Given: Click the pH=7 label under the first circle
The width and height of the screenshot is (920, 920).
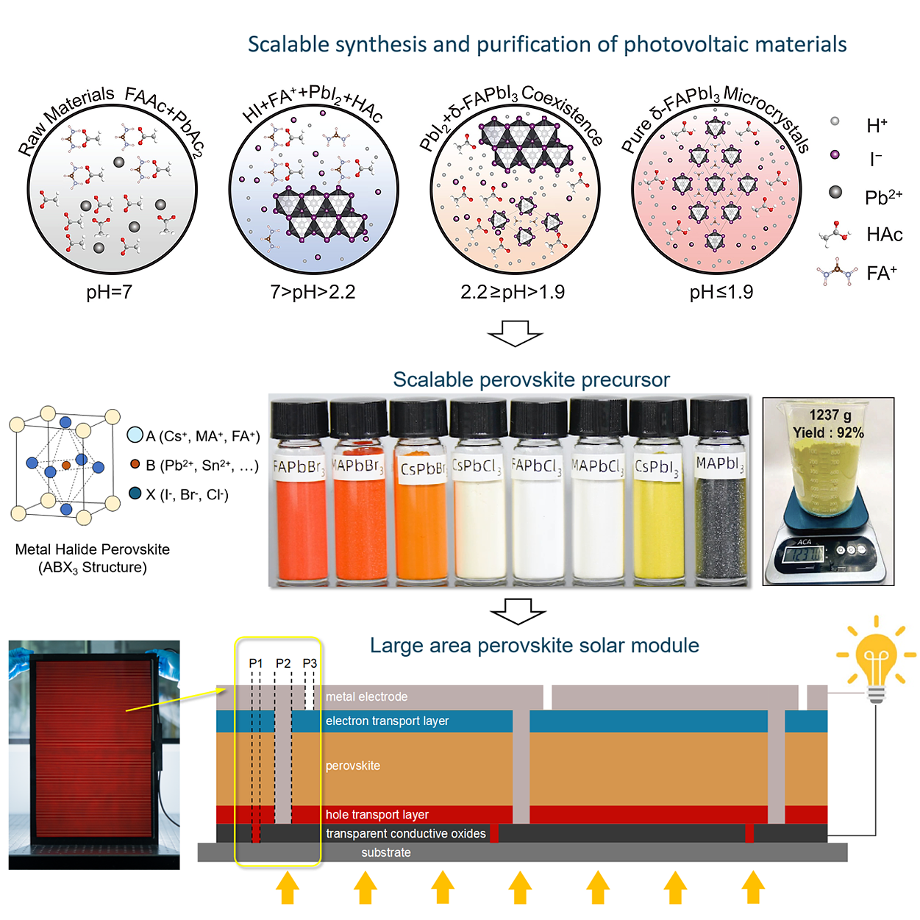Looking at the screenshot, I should [x=109, y=292].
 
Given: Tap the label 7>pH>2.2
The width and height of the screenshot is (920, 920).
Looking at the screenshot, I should [x=313, y=292].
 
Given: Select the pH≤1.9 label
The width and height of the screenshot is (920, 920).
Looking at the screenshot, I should [x=721, y=292].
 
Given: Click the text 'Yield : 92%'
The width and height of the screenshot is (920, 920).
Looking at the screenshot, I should [x=828, y=432].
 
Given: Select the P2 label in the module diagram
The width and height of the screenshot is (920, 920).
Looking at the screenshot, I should [x=283, y=663].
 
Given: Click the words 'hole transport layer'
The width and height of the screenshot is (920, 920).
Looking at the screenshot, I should [x=377, y=814].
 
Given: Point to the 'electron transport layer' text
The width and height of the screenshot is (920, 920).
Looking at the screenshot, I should [x=387, y=721].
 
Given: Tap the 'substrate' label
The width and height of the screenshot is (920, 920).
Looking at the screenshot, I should [x=386, y=852].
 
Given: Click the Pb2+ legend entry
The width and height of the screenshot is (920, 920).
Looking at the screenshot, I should [x=882, y=197].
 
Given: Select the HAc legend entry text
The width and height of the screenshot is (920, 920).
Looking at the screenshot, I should [x=884, y=235].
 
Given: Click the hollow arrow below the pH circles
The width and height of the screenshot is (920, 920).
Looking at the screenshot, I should [x=515, y=332].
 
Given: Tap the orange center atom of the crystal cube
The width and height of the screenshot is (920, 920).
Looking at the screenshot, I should [x=66, y=465].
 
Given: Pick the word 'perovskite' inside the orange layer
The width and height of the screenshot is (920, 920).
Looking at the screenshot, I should [x=353, y=766].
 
